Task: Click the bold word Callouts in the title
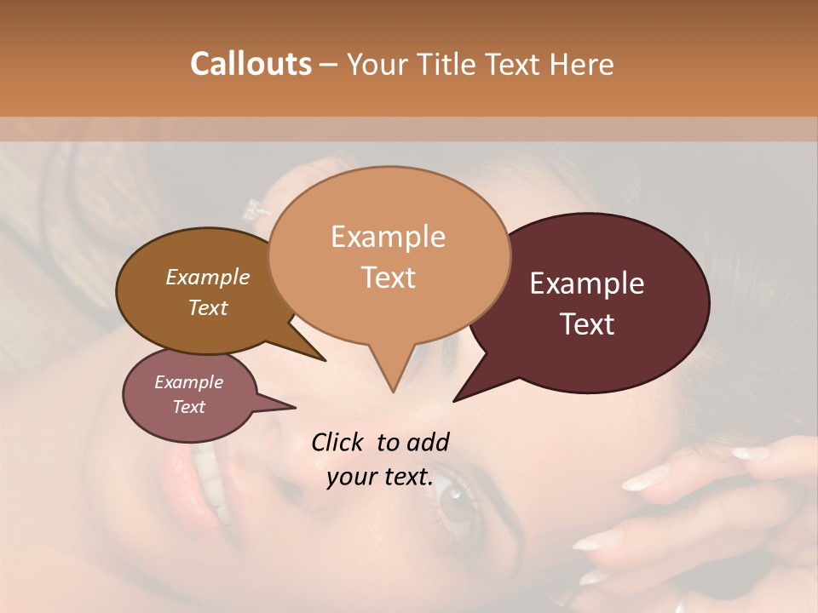[x=251, y=64]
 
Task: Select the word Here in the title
[x=583, y=64]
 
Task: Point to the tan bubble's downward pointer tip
[x=393, y=391]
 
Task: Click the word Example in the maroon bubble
[x=587, y=284]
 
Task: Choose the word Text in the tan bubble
[x=389, y=278]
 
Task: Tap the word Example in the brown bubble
[x=208, y=277]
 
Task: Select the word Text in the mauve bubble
[x=189, y=407]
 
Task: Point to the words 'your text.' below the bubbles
[x=380, y=477]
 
